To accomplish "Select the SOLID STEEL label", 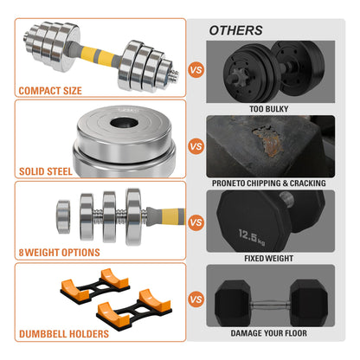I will [46, 171].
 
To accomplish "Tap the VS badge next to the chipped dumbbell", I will [196, 146].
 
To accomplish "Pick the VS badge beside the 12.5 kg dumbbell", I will [196, 222].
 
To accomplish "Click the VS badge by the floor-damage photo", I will [196, 299].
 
